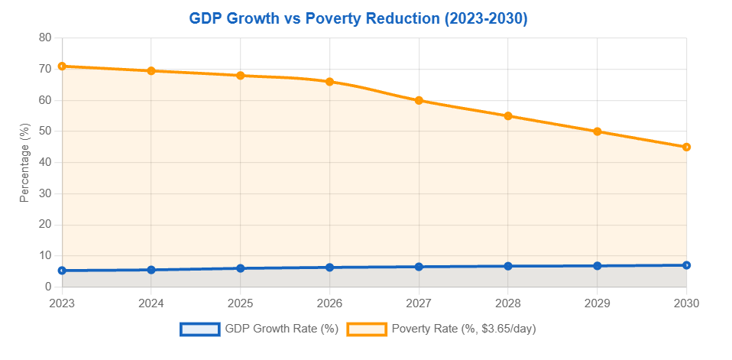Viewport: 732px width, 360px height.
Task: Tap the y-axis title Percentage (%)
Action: pyautogui.click(x=24, y=162)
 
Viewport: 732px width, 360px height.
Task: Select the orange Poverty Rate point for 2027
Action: pyautogui.click(x=419, y=100)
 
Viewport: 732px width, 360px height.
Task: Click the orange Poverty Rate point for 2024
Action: pyautogui.click(x=151, y=71)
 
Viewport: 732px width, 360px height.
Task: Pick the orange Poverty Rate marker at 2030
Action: pyautogui.click(x=686, y=147)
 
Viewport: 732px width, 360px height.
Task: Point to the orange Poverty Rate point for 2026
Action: pyautogui.click(x=329, y=82)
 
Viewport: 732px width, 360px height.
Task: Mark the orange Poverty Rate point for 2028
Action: pyautogui.click(x=508, y=116)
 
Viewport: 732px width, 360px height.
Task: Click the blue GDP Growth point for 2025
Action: pyautogui.click(x=241, y=268)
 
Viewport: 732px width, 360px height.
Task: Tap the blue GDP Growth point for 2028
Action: pyautogui.click(x=508, y=266)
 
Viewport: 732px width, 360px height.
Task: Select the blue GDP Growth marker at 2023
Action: pyautogui.click(x=62, y=271)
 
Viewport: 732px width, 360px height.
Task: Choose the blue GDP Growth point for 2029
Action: pyautogui.click(x=597, y=266)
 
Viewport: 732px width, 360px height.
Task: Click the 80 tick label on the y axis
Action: pyautogui.click(x=45, y=37)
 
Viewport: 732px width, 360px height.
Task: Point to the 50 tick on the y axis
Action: pyautogui.click(x=45, y=131)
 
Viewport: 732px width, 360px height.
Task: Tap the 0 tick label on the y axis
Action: pyautogui.click(x=48, y=287)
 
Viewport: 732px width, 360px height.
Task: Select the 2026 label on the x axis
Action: pyautogui.click(x=329, y=303)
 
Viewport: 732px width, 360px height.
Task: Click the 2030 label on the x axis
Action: pyautogui.click(x=685, y=303)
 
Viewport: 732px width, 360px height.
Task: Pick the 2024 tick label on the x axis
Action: pyautogui.click(x=151, y=303)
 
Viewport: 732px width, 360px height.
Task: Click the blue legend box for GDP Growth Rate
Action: pyautogui.click(x=199, y=329)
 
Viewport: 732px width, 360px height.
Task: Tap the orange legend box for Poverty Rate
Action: pyautogui.click(x=366, y=329)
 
